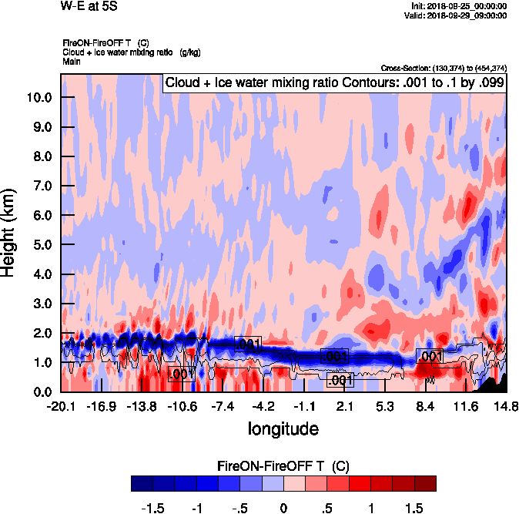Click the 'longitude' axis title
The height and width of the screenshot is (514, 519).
tap(283, 428)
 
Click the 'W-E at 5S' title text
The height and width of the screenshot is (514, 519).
tap(83, 6)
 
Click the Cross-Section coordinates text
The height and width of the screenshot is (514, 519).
tap(444, 68)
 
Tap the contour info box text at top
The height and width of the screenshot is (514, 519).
tap(335, 82)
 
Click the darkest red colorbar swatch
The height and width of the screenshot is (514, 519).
tap(425, 484)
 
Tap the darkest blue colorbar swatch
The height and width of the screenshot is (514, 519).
tap(142, 484)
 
